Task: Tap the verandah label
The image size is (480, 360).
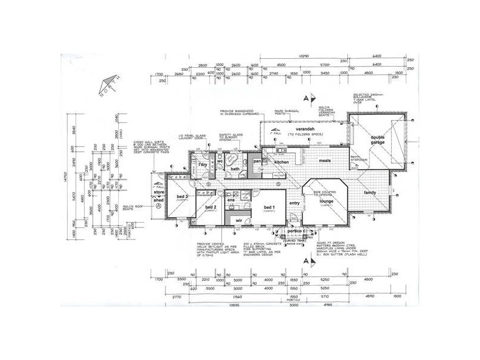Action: click(300, 130)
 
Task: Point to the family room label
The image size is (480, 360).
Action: click(370, 193)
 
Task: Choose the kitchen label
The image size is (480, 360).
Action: click(281, 163)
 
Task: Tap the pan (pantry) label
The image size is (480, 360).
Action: click(257, 161)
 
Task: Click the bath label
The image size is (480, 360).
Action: click(235, 170)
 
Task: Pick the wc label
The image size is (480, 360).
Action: click(220, 161)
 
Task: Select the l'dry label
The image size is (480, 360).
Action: click(202, 164)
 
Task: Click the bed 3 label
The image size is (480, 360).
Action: click(183, 197)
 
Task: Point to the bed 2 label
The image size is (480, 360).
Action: click(211, 207)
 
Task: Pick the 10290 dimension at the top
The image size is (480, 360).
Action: click(304, 56)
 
